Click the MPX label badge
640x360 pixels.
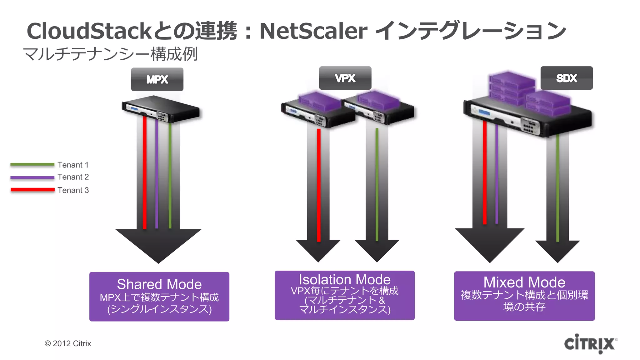[157, 79]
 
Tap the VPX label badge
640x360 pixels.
[345, 78]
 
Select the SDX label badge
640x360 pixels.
[566, 78]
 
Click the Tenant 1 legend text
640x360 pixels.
[73, 165]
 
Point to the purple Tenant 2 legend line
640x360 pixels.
[32, 177]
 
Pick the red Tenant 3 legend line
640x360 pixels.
[32, 190]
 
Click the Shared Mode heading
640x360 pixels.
[159, 284]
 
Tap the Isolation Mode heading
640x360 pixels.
[344, 279]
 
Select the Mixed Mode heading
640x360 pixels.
[524, 282]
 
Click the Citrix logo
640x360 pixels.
[590, 344]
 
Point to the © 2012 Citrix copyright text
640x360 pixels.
[68, 343]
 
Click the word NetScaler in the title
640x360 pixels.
[313, 31]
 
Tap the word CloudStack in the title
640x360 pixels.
[89, 31]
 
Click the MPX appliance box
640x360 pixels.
[160, 109]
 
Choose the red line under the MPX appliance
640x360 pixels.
[145, 172]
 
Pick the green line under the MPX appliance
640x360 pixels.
[170, 175]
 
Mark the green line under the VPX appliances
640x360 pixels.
[377, 184]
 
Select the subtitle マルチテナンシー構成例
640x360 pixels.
[110, 54]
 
